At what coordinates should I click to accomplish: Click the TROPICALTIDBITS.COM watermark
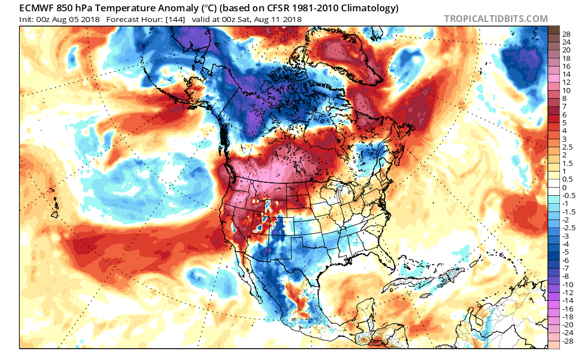(x=496, y=19)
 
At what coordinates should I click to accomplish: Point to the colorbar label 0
(x=564, y=187)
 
